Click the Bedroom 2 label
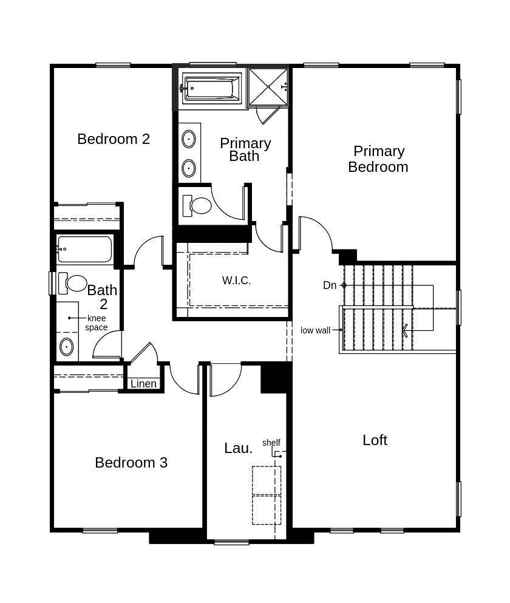pyautogui.click(x=114, y=139)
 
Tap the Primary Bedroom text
pyautogui.click(x=378, y=159)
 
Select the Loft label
pyautogui.click(x=375, y=440)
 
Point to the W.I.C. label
pyautogui.click(x=236, y=281)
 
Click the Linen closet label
pyautogui.click(x=143, y=384)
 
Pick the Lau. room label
pyautogui.click(x=238, y=448)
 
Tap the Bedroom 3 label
pyautogui.click(x=131, y=463)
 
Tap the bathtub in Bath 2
pyautogui.click(x=85, y=249)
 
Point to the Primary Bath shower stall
pyautogui.click(x=268, y=87)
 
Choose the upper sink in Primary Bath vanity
pyautogui.click(x=189, y=139)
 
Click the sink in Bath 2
pyautogui.click(x=66, y=347)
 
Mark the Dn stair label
pyautogui.click(x=330, y=285)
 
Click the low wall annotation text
pyautogui.click(x=315, y=330)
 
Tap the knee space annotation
pyautogui.click(x=96, y=322)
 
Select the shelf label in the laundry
pyautogui.click(x=271, y=443)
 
